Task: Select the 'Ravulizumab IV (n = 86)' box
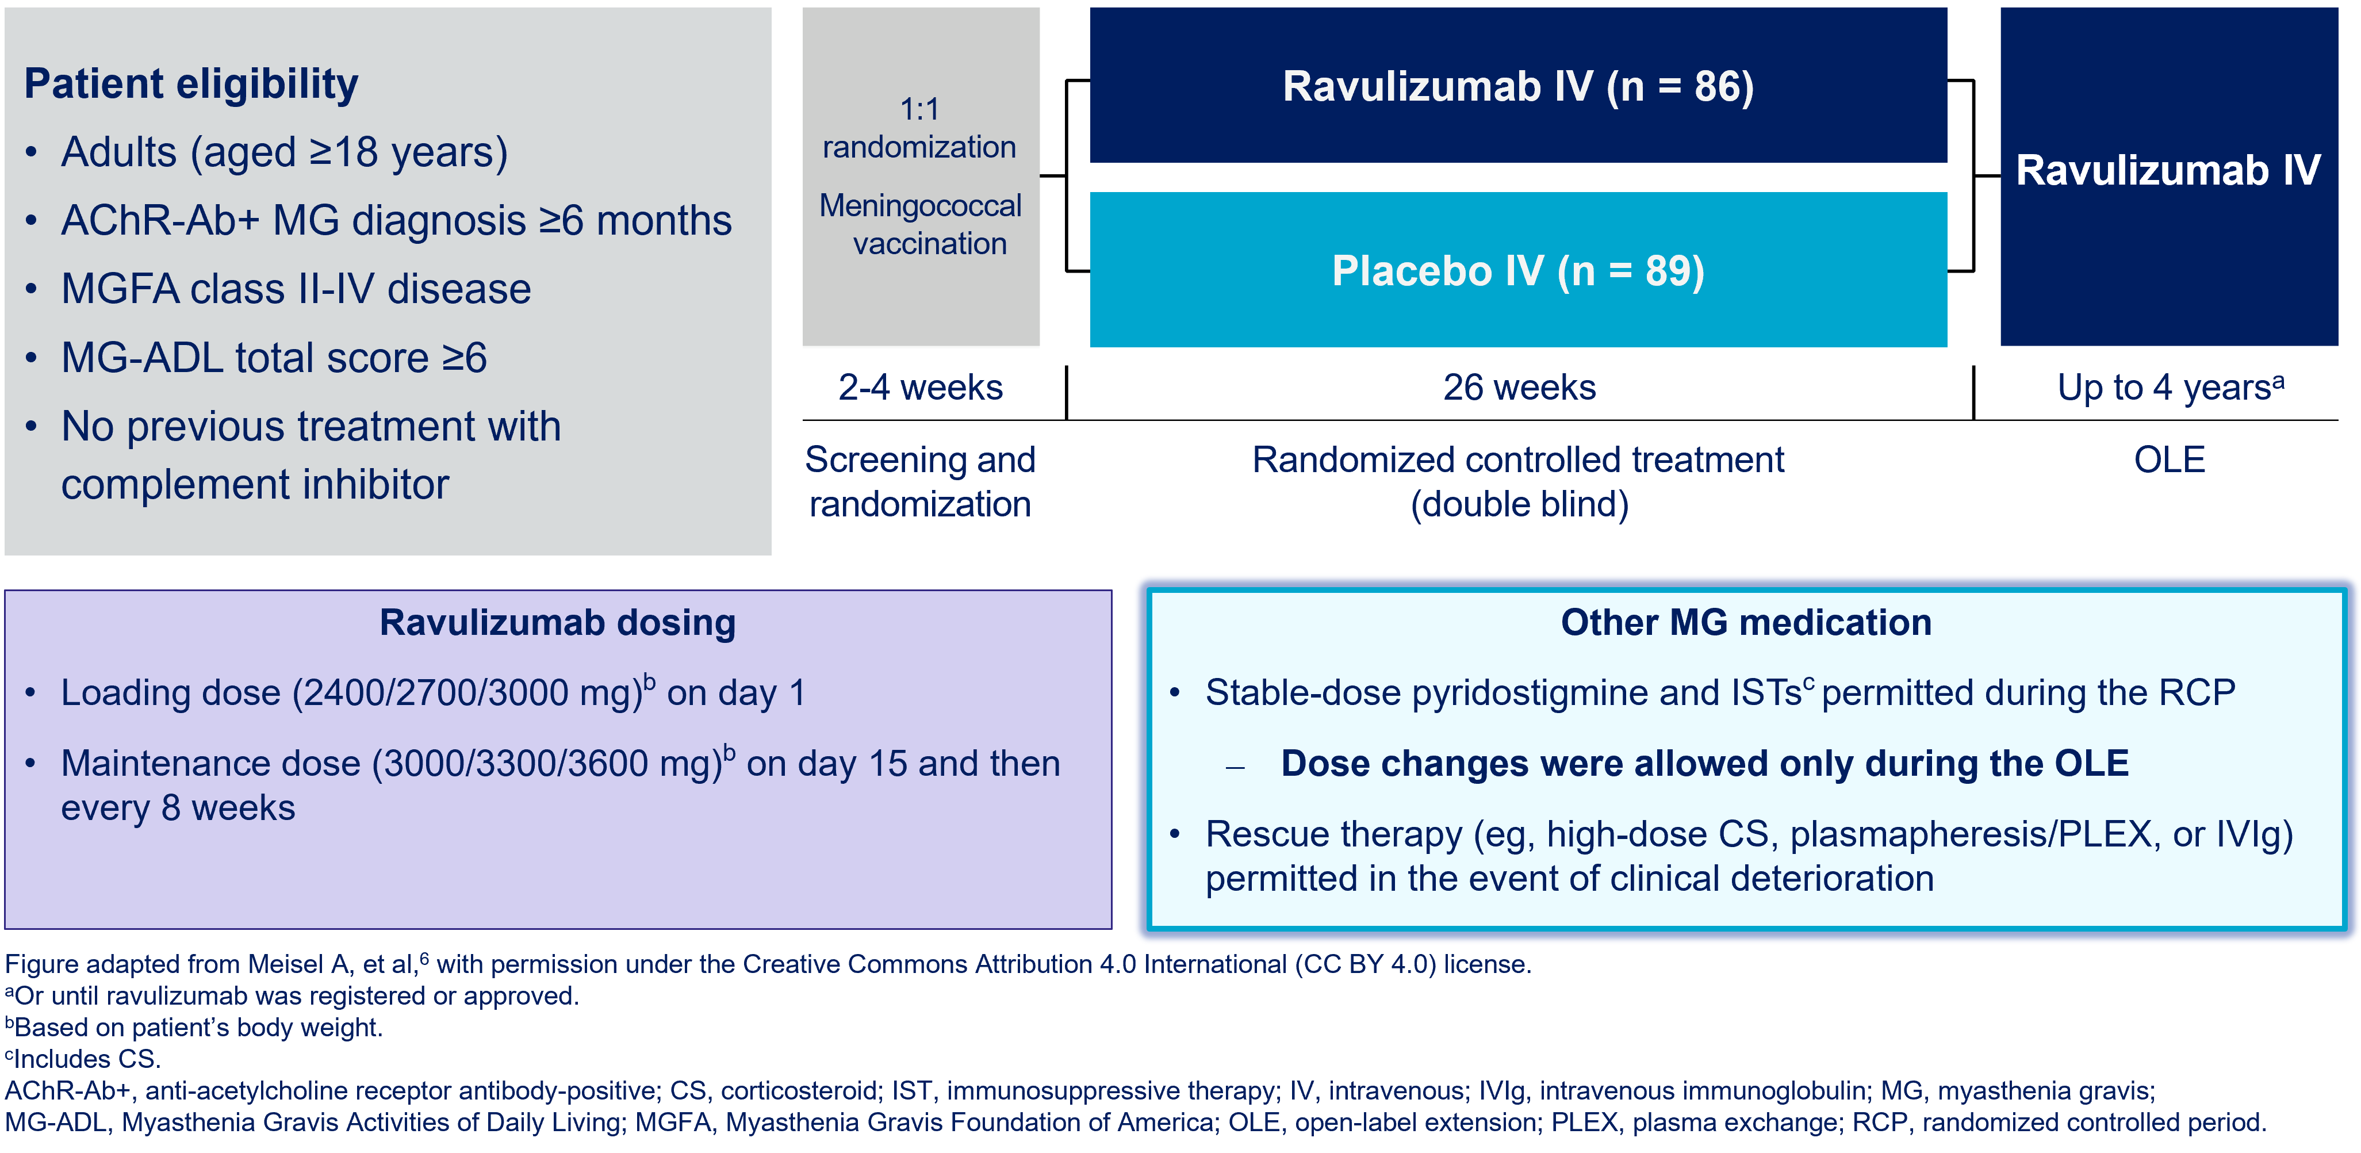pos(1518,85)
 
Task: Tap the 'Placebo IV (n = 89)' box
pos(1518,270)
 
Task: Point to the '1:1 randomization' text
pos(919,128)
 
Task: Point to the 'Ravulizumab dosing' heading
pos(557,622)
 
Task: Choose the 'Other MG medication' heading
pos(1746,622)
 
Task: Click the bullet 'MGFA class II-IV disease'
pos(296,289)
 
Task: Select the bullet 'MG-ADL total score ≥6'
pos(274,358)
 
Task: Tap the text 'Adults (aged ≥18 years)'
pos(284,152)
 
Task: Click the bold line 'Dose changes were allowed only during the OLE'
pos(1705,764)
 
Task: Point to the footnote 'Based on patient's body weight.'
pos(194,1028)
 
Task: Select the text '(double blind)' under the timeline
pos(1519,504)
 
